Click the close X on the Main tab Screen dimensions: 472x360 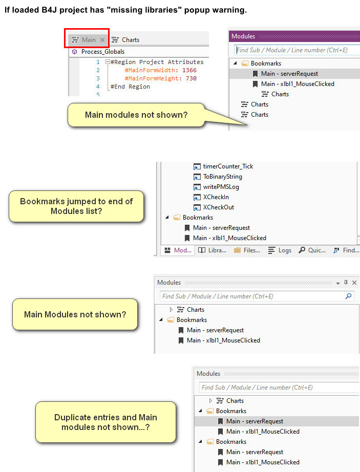click(102, 39)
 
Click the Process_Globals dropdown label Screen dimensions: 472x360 click(102, 52)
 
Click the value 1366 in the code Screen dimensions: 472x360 click(188, 70)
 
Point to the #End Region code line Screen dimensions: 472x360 click(130, 87)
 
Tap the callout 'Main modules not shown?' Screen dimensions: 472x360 click(136, 115)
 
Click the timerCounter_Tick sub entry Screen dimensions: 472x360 click(228, 166)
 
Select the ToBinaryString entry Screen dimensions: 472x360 click(222, 177)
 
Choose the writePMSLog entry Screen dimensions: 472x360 click(221, 187)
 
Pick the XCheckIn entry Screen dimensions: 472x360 click(216, 197)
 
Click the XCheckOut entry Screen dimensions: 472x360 click(218, 207)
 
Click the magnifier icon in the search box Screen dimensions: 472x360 click(349, 296)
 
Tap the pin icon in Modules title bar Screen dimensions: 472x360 click(346, 283)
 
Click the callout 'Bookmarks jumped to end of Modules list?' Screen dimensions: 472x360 click(76, 206)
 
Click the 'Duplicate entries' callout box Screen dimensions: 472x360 click(105, 422)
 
